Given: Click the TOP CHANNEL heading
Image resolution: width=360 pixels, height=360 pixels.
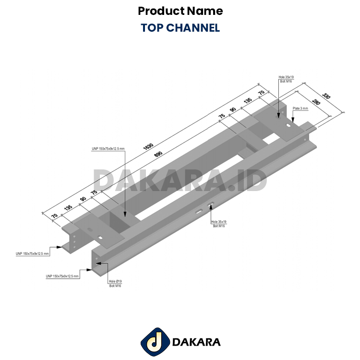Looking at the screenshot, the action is pos(180,28).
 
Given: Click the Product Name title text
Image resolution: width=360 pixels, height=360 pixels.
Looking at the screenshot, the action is pos(180,11).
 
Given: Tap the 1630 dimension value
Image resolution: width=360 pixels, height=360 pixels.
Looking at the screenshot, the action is pos(148,146).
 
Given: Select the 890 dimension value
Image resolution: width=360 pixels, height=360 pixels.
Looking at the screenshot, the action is pos(158,154).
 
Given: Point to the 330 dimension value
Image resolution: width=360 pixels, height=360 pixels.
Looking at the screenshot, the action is pos(326,96).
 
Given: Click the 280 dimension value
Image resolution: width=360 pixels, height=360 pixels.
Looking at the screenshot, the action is pos(316,102).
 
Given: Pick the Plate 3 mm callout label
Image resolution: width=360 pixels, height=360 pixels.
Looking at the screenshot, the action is pos(300,108).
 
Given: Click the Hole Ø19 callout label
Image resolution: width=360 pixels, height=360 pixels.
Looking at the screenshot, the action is pos(115,281).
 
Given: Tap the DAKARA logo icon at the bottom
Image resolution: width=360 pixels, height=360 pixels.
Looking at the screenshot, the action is pos(155,342).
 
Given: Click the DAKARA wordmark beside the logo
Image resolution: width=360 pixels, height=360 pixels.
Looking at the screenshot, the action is pos(196,342).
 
